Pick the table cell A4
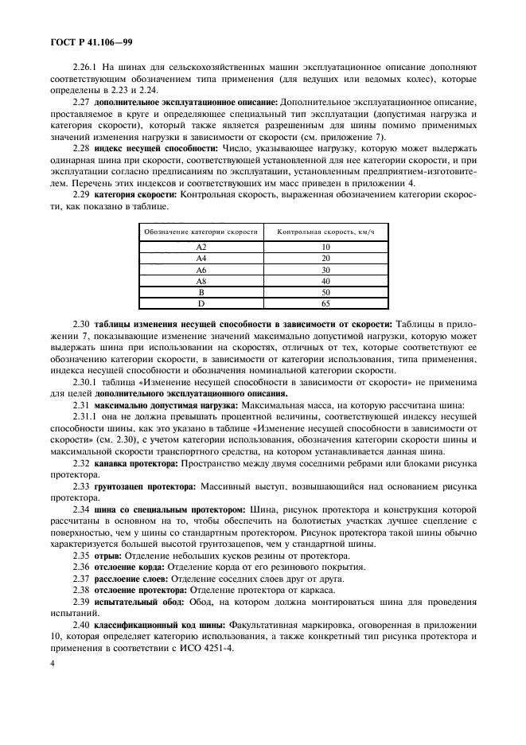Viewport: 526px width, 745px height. coord(201,259)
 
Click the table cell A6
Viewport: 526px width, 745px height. coord(201,270)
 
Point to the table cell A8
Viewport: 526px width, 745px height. coord(201,281)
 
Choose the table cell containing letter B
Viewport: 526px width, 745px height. coord(201,292)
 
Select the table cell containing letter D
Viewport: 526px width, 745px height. coord(201,303)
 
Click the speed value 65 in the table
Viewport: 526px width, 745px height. coord(325,303)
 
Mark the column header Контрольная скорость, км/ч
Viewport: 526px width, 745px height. coord(325,232)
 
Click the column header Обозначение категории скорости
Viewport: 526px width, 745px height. coord(201,232)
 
